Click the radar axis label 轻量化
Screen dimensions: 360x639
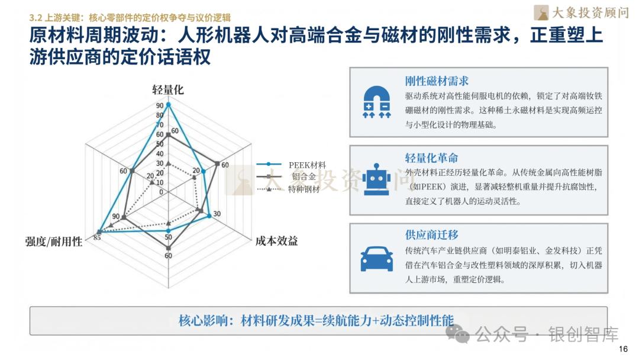coord(168,89)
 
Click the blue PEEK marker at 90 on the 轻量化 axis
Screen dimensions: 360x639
coord(168,105)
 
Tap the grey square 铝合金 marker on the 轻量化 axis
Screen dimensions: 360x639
coord(168,135)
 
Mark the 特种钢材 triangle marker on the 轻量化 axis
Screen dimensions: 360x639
coord(168,163)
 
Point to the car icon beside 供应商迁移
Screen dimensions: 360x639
coord(377,258)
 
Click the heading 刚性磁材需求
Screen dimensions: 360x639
coord(437,81)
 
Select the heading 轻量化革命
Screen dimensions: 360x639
coord(431,158)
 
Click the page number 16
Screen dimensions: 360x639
coord(622,349)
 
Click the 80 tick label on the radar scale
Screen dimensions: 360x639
coord(160,115)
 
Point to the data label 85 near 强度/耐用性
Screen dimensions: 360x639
coord(97,238)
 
